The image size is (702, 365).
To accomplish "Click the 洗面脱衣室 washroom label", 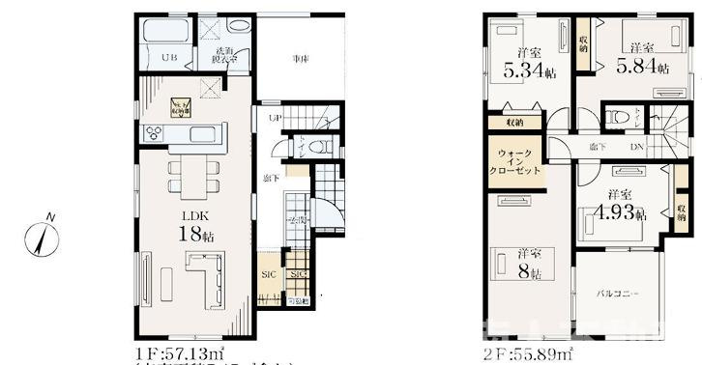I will (x=226, y=54).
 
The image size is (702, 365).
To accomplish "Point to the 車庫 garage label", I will (x=301, y=59).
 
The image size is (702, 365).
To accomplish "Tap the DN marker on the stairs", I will (x=633, y=147).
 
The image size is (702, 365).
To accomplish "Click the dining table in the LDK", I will (x=188, y=177).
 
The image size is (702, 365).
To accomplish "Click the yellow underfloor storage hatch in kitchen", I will (x=181, y=105).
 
